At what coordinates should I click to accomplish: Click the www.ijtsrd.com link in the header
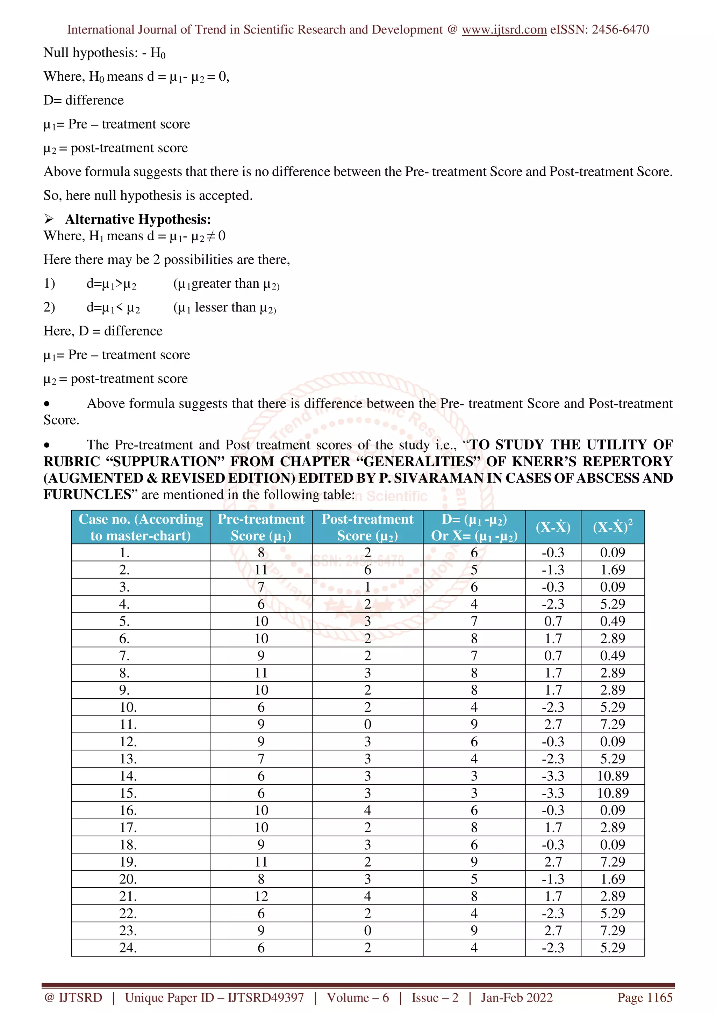click(x=504, y=30)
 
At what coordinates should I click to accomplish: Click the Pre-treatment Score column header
click(x=261, y=527)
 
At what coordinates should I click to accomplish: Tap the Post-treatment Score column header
click(x=367, y=527)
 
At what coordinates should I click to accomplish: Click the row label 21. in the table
click(x=128, y=896)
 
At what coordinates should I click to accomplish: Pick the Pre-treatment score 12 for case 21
click(x=261, y=896)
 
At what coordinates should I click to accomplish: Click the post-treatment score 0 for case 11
click(x=367, y=724)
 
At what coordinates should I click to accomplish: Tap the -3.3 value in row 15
click(x=553, y=793)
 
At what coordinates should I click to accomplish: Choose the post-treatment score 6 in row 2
click(x=367, y=570)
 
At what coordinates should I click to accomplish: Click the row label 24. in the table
click(x=128, y=948)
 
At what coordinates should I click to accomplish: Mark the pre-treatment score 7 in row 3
click(x=261, y=587)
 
